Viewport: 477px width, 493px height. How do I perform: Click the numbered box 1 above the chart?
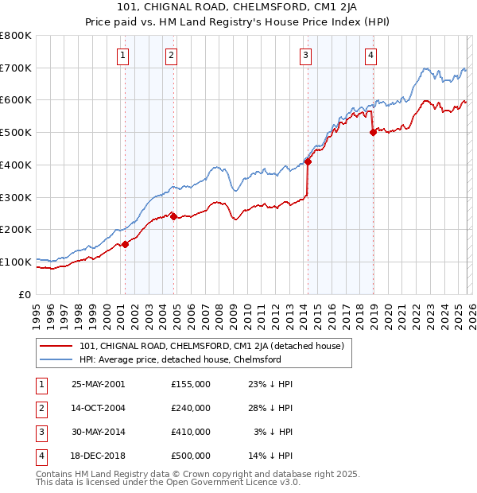point(124,55)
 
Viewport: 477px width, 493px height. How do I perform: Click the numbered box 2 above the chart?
point(172,55)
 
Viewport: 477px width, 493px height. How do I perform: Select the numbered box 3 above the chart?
point(306,55)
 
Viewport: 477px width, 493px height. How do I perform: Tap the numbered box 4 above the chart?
point(370,55)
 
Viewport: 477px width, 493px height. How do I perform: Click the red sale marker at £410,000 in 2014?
point(308,162)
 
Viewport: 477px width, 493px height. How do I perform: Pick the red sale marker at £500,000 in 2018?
point(373,133)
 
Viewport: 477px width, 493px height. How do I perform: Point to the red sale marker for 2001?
point(125,244)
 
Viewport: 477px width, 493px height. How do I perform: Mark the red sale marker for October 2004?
point(173,216)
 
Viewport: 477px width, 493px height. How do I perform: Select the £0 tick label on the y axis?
point(24,294)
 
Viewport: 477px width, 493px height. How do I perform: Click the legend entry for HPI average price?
point(180,359)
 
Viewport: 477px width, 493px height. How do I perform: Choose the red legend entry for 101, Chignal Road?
point(211,346)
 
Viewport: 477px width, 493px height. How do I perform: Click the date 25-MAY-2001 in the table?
point(99,384)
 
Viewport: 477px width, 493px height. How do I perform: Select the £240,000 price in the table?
point(191,408)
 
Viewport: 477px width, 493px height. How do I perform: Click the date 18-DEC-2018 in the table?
point(99,456)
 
